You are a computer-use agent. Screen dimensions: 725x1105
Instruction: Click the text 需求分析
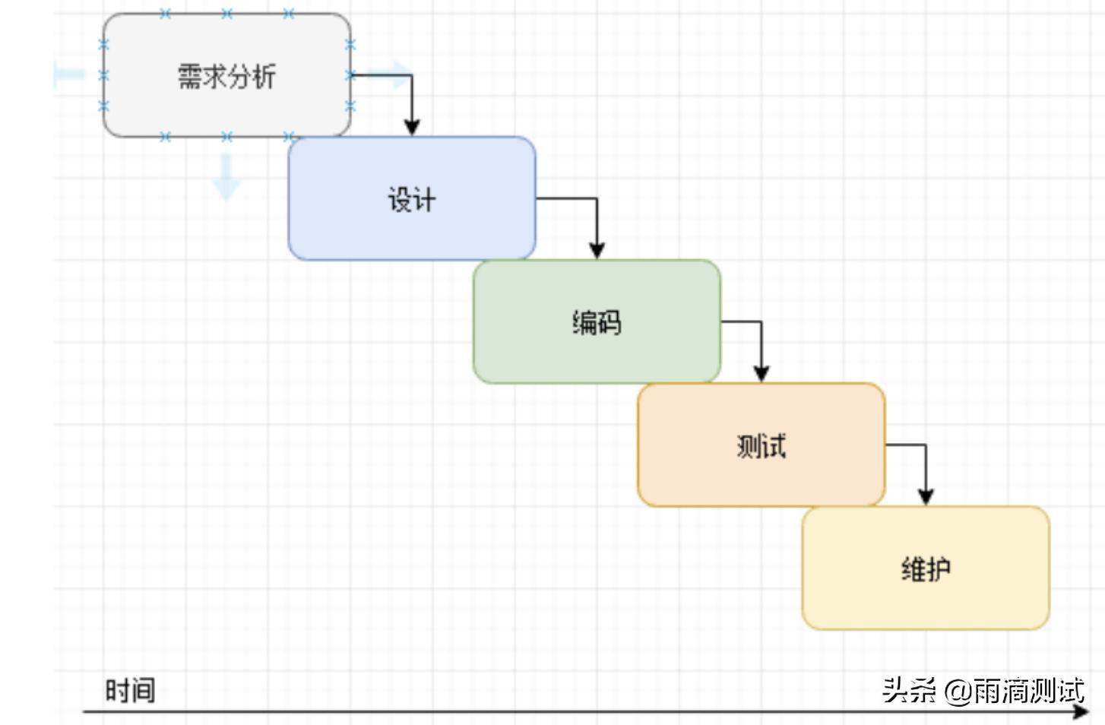(226, 77)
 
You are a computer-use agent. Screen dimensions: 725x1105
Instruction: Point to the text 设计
(411, 200)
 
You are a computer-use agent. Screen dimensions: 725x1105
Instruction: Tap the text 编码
(597, 323)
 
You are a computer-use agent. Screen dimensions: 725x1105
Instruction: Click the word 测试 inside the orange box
(761, 446)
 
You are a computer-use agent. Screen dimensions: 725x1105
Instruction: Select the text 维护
(926, 569)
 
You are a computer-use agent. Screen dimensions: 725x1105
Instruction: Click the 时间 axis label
(130, 691)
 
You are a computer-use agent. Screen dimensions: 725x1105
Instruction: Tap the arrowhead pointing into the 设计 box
(412, 127)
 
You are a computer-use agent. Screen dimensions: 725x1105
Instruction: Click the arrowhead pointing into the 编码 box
(597, 250)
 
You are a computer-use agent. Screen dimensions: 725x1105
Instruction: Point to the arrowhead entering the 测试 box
(761, 373)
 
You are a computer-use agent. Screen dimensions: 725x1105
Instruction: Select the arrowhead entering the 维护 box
(926, 496)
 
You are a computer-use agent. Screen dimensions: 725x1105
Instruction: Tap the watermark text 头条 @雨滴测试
(983, 691)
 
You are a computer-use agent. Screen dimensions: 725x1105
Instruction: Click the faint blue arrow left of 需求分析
(69, 74)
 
